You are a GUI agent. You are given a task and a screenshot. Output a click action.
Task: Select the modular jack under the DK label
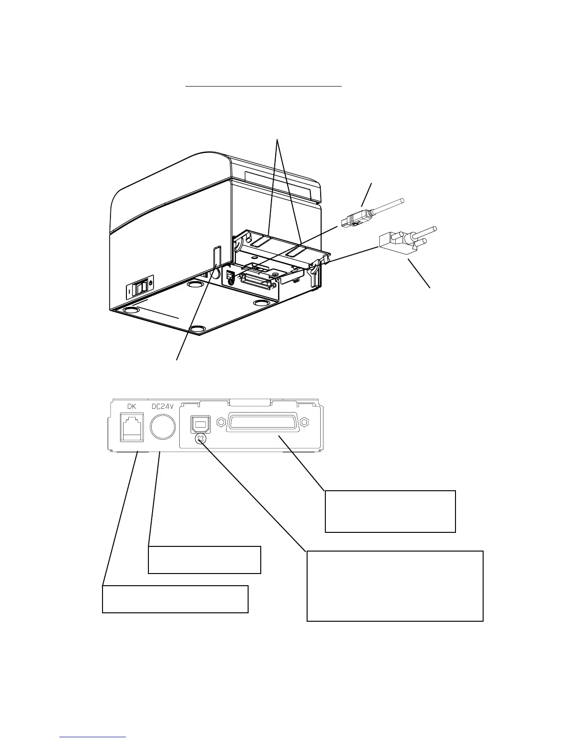tap(132, 427)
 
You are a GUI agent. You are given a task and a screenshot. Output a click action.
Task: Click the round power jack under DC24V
tap(163, 427)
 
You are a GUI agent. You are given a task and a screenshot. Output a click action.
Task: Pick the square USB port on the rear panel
tap(200, 425)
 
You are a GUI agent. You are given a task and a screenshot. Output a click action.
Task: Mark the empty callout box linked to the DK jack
tap(175, 599)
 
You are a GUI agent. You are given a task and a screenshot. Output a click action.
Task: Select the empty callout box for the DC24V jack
tap(204, 559)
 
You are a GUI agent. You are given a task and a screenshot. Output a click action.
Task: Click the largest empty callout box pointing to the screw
tap(395, 586)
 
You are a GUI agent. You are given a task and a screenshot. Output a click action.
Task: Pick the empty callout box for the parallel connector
tap(390, 511)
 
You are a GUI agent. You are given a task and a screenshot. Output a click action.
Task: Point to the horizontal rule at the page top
tap(264, 87)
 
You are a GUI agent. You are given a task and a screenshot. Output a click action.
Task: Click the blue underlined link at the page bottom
tap(93, 737)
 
